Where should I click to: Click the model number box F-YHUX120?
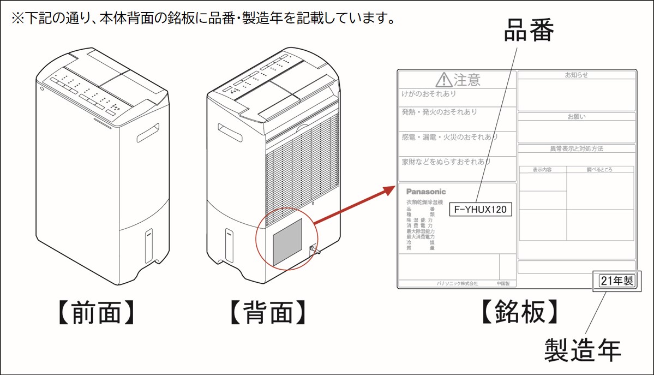click(x=480, y=209)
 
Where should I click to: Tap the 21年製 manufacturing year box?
click(x=616, y=281)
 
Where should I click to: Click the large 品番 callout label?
click(x=528, y=32)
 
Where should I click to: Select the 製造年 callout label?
click(x=583, y=349)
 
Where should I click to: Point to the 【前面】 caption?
click(x=96, y=313)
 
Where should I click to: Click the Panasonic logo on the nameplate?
click(x=426, y=192)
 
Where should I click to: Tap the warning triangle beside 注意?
click(x=444, y=81)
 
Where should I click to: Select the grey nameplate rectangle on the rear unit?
click(x=287, y=243)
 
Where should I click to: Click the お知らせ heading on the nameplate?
click(x=577, y=75)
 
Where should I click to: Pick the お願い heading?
click(x=577, y=117)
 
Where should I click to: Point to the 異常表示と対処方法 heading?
click(x=577, y=148)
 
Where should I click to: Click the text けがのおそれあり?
click(x=429, y=94)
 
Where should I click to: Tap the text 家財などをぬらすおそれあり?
click(x=446, y=162)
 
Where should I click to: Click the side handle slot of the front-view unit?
click(x=148, y=133)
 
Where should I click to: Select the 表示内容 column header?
click(x=542, y=170)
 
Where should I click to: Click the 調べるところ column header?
click(x=599, y=170)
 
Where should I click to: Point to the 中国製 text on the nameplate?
click(x=503, y=284)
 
